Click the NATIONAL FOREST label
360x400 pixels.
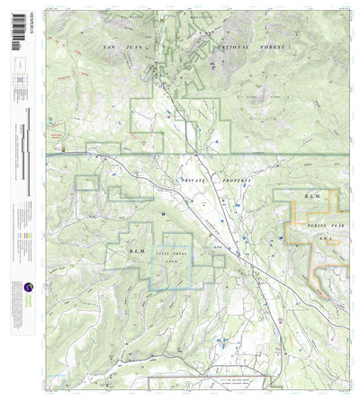[250, 45]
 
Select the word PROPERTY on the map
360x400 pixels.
[231, 181]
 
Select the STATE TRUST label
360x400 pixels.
[170, 254]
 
